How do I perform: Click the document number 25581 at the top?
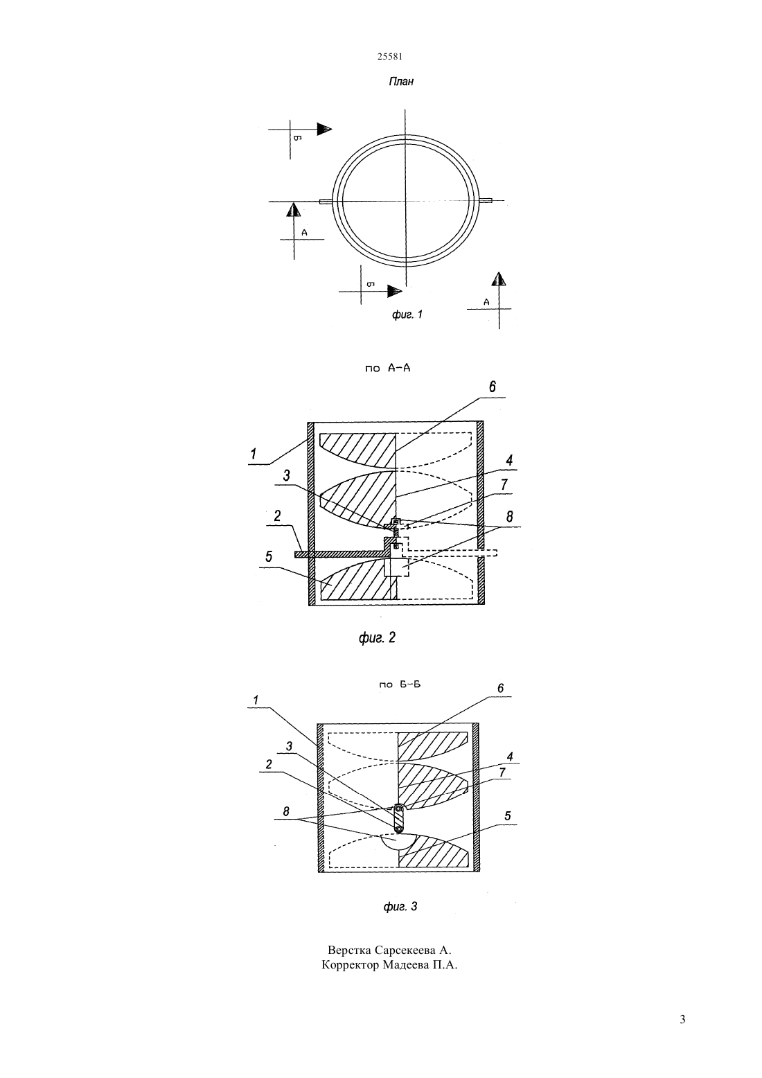coord(389,57)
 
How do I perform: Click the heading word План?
coord(401,81)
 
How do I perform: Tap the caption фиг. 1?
coord(407,315)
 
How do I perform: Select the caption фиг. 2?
coord(377,637)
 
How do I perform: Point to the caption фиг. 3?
coord(400,907)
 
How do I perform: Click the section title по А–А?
coord(388,369)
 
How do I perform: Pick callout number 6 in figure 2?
coord(492,387)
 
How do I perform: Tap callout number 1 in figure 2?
coord(254,453)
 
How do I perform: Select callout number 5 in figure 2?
coord(269,557)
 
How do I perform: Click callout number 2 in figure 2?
coord(277,516)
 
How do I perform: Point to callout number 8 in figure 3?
coord(285,811)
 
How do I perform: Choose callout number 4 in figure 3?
coord(510,757)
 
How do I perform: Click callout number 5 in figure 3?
coord(508,816)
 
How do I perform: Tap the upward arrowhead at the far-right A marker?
coord(499,279)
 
